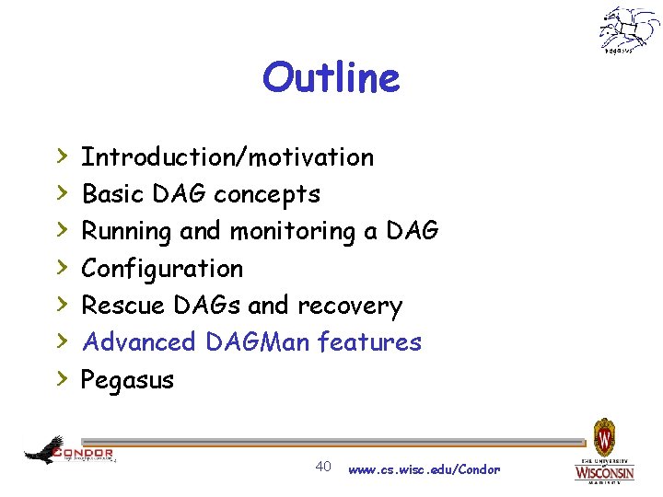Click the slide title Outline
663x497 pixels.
[331, 78]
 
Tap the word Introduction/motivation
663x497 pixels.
[227, 157]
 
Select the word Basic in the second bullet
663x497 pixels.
[107, 194]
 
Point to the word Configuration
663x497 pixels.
[162, 269]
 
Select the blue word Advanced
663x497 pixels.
[139, 342]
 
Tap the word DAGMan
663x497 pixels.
[258, 342]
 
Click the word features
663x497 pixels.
[369, 342]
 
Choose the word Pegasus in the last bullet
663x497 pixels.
[127, 379]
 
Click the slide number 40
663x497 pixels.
[323, 467]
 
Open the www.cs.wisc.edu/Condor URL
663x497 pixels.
[424, 469]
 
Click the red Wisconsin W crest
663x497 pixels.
[604, 434]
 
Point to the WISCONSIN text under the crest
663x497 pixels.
[604, 473]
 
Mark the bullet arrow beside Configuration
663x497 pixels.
[61, 268]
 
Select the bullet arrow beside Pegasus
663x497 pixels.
[61, 378]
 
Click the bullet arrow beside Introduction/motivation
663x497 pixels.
[61, 156]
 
